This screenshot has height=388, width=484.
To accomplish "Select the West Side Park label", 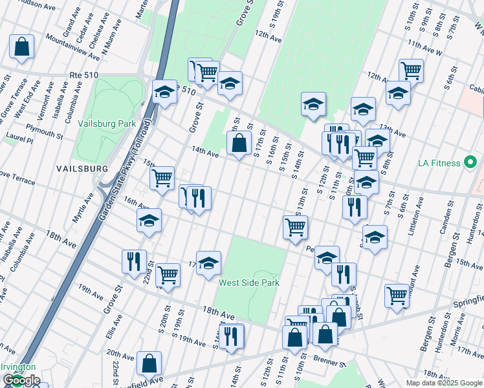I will coord(249,283).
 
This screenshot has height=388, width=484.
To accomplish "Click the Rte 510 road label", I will coord(83,76).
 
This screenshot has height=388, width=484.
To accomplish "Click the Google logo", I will coord(21,380).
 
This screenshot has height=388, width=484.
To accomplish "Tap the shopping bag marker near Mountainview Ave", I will coord(21,47).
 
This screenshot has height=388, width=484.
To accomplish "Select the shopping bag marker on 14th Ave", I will coord(239,144).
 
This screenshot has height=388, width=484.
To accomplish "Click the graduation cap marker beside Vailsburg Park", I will coord(164,92).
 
